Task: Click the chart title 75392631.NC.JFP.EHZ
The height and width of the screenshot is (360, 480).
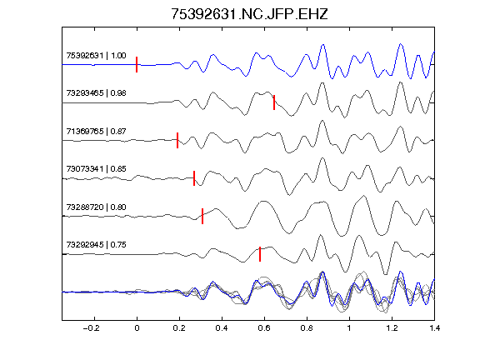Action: point(249,14)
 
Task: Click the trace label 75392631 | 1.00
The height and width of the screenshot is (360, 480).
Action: point(96,55)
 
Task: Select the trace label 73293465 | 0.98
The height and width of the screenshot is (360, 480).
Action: point(96,93)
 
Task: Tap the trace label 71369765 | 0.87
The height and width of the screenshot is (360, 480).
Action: point(96,132)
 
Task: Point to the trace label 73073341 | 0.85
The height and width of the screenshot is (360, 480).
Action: point(96,169)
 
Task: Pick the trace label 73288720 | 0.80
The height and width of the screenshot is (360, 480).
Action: point(96,207)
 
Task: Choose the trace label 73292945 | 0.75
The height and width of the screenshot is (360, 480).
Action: point(96,245)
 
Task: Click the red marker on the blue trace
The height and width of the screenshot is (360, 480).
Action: point(137,65)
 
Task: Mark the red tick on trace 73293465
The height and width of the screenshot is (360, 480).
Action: point(274,102)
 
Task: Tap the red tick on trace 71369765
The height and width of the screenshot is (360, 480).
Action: point(177,140)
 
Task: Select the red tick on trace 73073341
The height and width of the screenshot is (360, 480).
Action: point(194,178)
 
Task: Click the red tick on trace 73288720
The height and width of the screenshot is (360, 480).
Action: point(202,216)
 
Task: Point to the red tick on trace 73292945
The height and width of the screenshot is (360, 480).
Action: point(260,254)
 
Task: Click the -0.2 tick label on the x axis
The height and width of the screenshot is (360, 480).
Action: point(91,328)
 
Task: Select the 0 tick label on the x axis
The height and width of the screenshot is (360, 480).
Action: point(137,328)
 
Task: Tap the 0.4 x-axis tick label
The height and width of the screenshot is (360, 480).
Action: point(222,328)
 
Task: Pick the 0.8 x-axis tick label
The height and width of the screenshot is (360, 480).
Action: point(307,328)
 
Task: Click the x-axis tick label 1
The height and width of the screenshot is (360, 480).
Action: point(349,328)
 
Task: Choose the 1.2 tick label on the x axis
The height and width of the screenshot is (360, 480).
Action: point(392,328)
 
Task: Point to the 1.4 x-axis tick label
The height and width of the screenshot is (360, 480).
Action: point(434,328)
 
